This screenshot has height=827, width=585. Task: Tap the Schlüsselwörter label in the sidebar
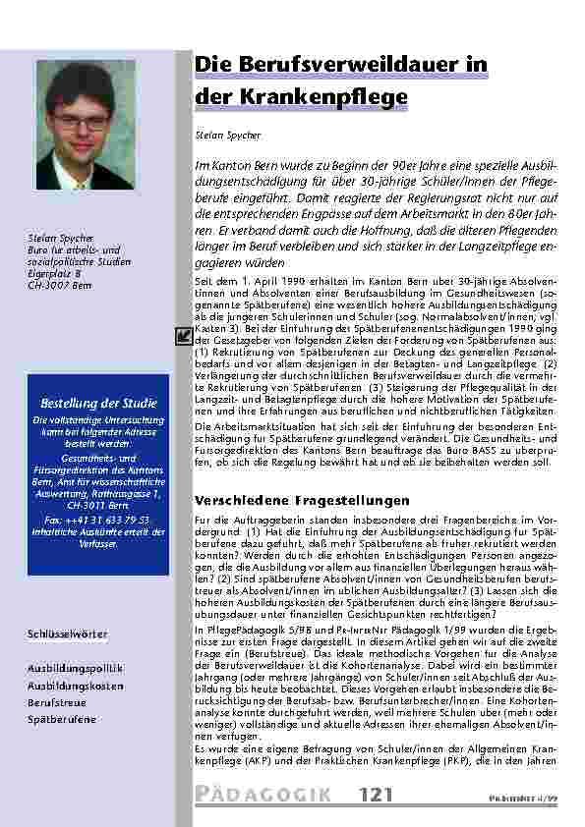[x=67, y=634]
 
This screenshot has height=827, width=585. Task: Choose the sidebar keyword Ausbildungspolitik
[x=75, y=668]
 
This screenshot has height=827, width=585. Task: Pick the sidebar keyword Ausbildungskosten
[x=75, y=686]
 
